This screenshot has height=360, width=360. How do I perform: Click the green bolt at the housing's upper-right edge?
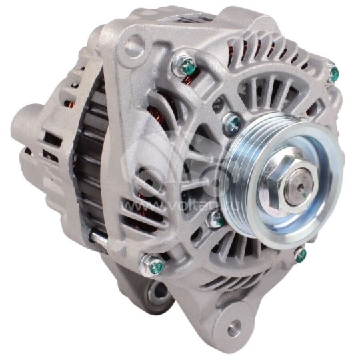(x=333, y=74)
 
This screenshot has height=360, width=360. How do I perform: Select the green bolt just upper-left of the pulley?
(x=233, y=123)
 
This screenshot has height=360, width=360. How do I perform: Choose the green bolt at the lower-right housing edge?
(x=300, y=254)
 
